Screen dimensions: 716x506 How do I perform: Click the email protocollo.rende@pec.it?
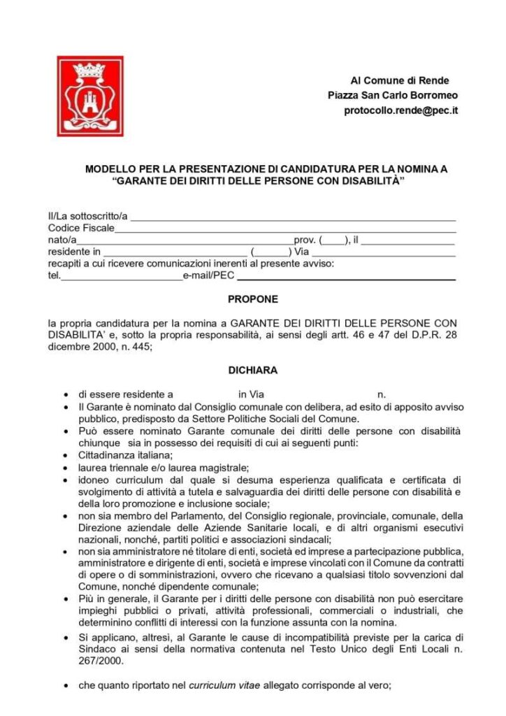coord(400,110)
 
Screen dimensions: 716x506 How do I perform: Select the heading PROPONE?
coord(252,299)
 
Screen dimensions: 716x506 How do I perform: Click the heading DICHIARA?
coord(252,370)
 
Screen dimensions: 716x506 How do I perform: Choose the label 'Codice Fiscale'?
coord(80,228)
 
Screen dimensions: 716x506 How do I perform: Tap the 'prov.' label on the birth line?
coord(304,240)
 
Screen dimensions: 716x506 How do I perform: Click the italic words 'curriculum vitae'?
coord(224,685)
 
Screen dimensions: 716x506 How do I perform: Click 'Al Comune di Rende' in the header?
coord(400,80)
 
